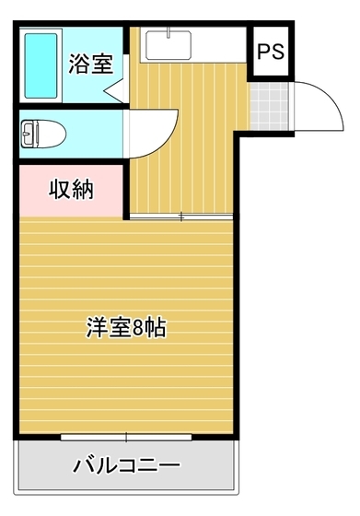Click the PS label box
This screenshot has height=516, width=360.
271,53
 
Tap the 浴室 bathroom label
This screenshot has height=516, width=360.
90,64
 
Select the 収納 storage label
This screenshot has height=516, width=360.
70,191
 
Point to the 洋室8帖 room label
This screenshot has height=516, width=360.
126,327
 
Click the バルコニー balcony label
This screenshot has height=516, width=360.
126,463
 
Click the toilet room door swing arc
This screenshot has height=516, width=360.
152,134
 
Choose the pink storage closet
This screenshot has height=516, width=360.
71,191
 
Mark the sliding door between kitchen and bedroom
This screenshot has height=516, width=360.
180,217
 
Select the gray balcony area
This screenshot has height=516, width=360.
126,470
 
